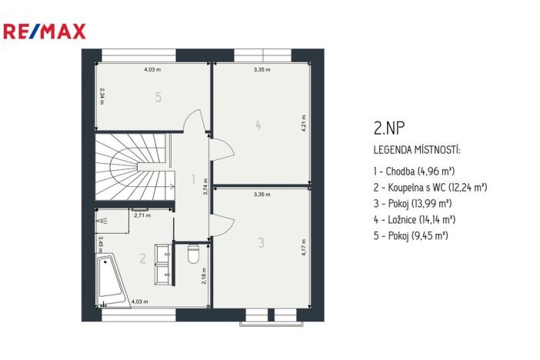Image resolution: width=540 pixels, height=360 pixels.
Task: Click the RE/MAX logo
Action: click(x=45, y=31)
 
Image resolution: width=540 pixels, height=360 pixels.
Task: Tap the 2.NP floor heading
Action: click(x=386, y=126)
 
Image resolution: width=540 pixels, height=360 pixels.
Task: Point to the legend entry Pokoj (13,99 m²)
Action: click(x=412, y=202)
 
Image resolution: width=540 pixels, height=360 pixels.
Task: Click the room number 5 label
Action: click(x=158, y=98)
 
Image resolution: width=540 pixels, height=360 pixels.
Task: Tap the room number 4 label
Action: click(x=258, y=125)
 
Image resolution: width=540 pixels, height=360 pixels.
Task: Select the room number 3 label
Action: click(x=262, y=243)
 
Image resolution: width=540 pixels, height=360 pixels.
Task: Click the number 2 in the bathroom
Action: click(x=142, y=258)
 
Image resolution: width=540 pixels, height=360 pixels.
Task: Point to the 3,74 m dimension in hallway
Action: click(x=205, y=190)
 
